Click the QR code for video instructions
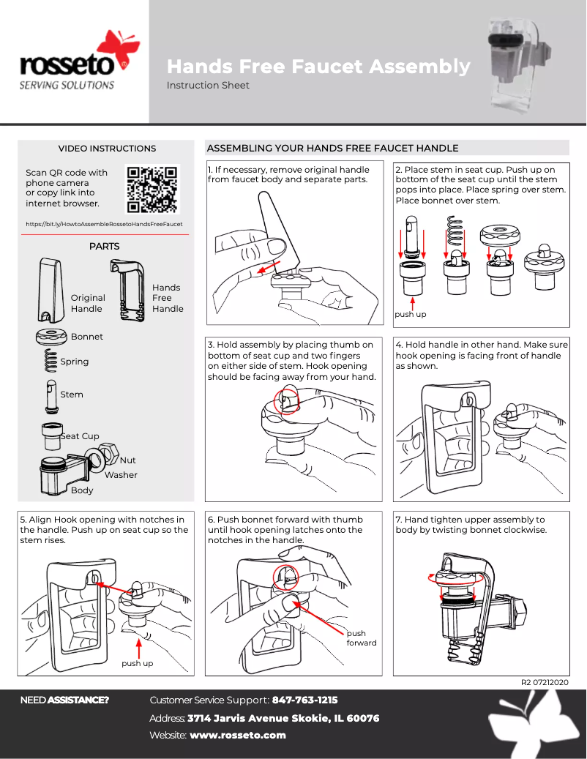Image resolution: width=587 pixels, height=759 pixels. tap(152, 189)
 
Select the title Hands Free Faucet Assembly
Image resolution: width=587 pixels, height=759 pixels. tap(318, 67)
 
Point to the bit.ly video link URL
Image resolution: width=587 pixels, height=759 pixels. tap(104, 224)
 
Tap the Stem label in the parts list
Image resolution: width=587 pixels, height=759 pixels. tap(72, 395)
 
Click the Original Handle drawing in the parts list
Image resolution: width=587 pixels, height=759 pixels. tap(50, 290)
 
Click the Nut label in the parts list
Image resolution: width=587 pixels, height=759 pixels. tap(128, 460)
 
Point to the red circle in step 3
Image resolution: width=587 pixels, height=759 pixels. tap(286, 401)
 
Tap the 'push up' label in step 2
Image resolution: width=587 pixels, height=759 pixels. tap(411, 314)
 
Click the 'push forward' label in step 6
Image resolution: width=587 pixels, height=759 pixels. tap(362, 638)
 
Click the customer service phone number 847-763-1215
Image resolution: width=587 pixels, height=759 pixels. tap(304, 700)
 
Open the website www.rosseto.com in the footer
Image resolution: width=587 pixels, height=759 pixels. tap(238, 735)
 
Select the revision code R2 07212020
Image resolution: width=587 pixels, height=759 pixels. tap(545, 682)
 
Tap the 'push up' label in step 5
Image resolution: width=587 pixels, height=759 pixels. tap(138, 664)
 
